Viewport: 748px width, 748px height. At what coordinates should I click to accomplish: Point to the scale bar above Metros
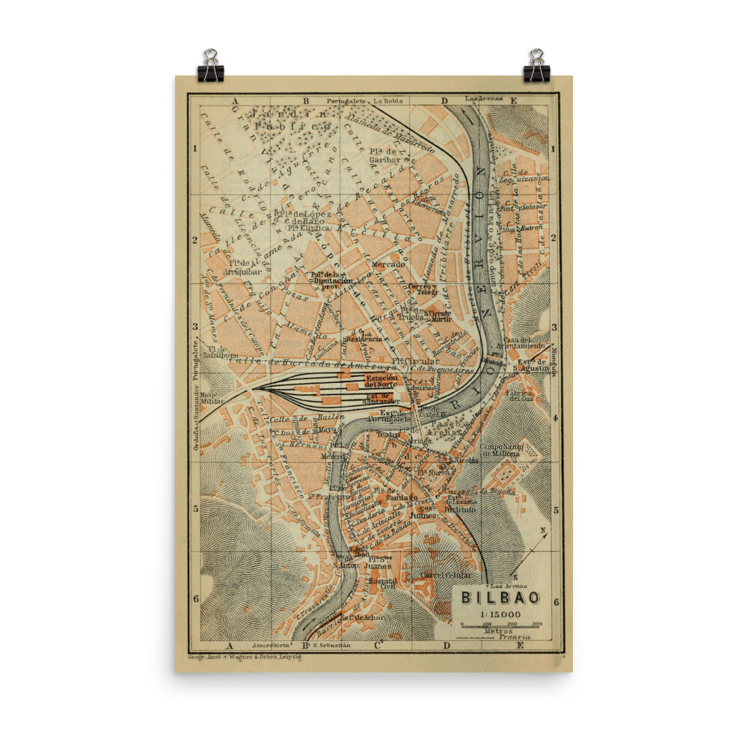coord(500,625)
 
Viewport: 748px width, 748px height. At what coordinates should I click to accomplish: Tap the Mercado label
coord(387,265)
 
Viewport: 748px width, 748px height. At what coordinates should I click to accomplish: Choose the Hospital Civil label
coord(381,583)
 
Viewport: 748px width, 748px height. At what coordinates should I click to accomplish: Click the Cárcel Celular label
coord(446,574)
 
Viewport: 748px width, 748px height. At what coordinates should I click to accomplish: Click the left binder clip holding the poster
coord(210,66)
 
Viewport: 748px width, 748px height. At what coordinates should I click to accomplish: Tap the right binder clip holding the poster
coord(536,66)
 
